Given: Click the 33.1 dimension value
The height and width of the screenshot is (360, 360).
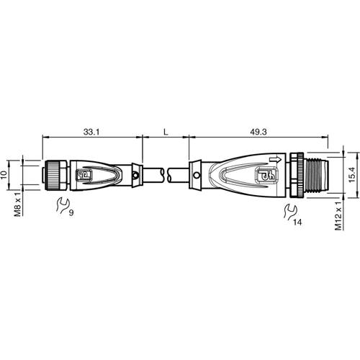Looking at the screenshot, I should (x=91, y=132).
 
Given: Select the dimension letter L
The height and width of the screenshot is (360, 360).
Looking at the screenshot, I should (x=166, y=132).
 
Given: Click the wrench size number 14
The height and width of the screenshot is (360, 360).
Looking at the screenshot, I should (x=299, y=222).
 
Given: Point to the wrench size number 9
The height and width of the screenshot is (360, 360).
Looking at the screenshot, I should (x=72, y=214).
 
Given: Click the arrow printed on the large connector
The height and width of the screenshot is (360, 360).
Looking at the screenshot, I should (x=274, y=159).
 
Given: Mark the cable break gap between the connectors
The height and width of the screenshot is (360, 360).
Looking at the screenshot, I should (x=167, y=174).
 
